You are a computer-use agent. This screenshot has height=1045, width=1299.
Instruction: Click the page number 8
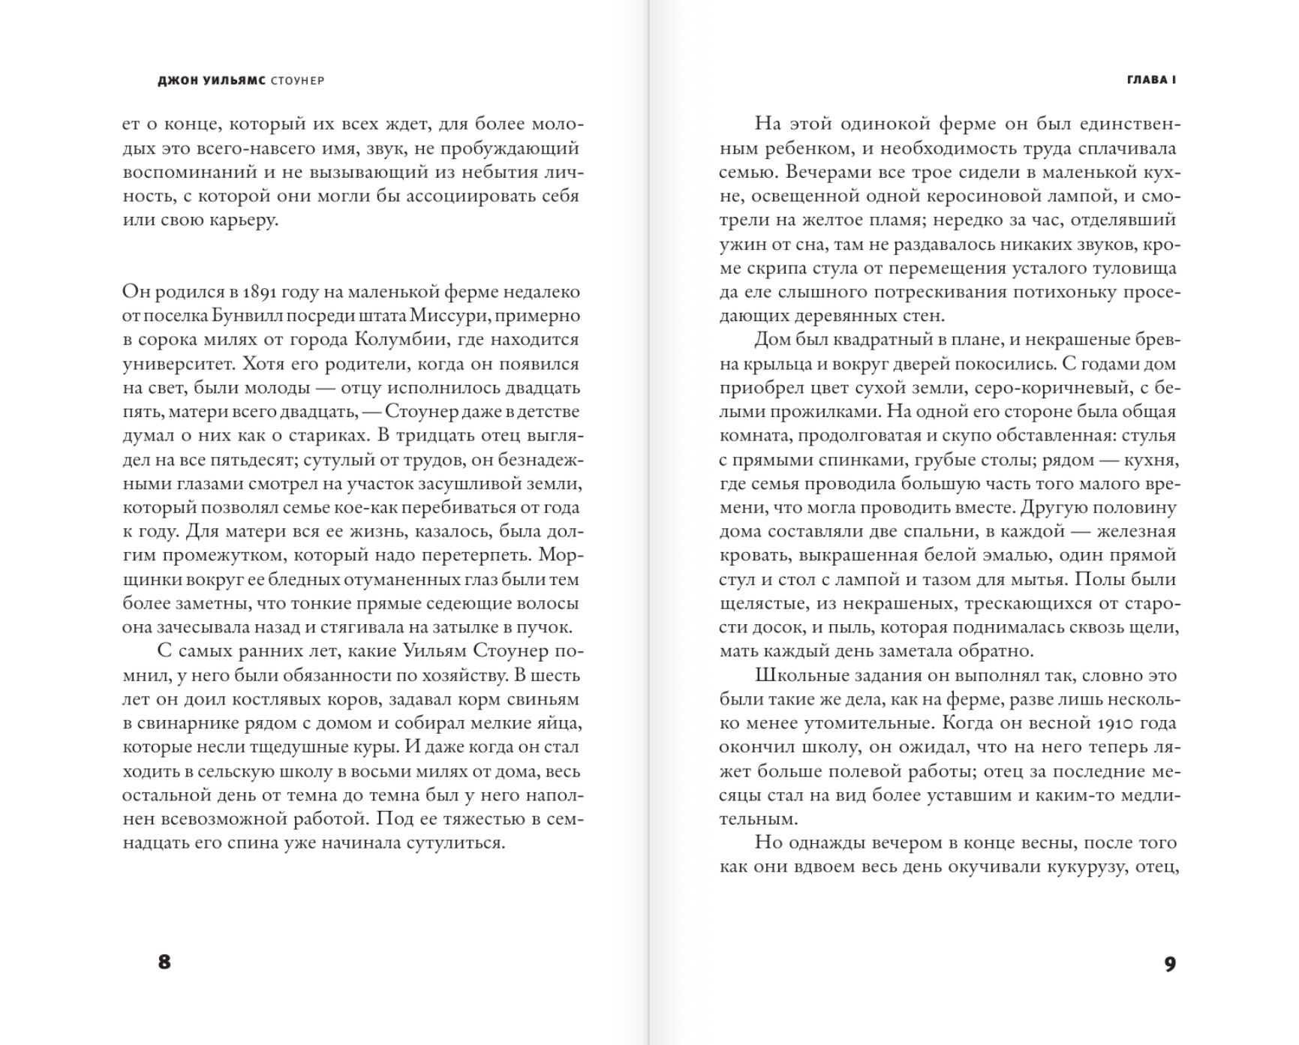164,962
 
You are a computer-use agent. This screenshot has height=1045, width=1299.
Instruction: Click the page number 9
1170,964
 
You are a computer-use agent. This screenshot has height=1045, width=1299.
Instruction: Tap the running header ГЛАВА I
1151,80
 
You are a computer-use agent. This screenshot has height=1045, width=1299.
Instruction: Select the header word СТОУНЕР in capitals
298,81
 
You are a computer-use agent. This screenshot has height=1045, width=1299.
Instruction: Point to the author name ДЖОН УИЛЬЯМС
212,81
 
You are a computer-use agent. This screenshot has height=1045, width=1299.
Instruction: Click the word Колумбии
397,340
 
